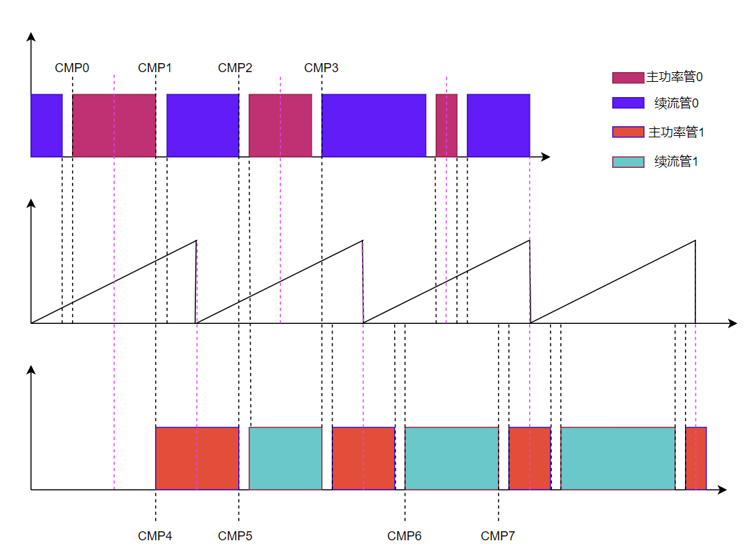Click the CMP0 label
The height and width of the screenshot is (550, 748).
(x=72, y=68)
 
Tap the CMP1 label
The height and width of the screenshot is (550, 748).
(x=155, y=68)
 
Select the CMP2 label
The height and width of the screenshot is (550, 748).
(x=235, y=68)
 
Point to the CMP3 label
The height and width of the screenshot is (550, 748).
(x=321, y=68)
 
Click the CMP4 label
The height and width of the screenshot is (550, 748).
(x=155, y=536)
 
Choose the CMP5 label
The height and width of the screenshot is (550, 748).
(x=235, y=536)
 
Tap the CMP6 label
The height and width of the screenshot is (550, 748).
(x=404, y=536)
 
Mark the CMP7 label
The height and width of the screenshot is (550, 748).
(x=498, y=536)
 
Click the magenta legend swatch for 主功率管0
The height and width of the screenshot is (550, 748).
(x=628, y=77)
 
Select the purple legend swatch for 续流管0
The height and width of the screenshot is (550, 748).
(x=628, y=103)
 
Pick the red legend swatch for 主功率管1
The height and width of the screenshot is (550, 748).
(x=628, y=132)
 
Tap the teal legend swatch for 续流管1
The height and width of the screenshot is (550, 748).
(x=628, y=162)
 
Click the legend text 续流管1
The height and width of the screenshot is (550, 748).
(x=676, y=162)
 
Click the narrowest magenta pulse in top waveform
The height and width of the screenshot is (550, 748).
(x=446, y=126)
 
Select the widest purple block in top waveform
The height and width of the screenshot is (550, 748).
(x=373, y=126)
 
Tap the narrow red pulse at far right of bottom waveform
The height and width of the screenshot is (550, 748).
(x=695, y=458)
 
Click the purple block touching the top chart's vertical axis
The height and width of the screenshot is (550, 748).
(x=46, y=126)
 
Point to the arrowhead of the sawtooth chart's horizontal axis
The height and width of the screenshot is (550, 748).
(x=733, y=324)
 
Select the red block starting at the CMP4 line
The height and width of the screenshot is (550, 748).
(x=197, y=458)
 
